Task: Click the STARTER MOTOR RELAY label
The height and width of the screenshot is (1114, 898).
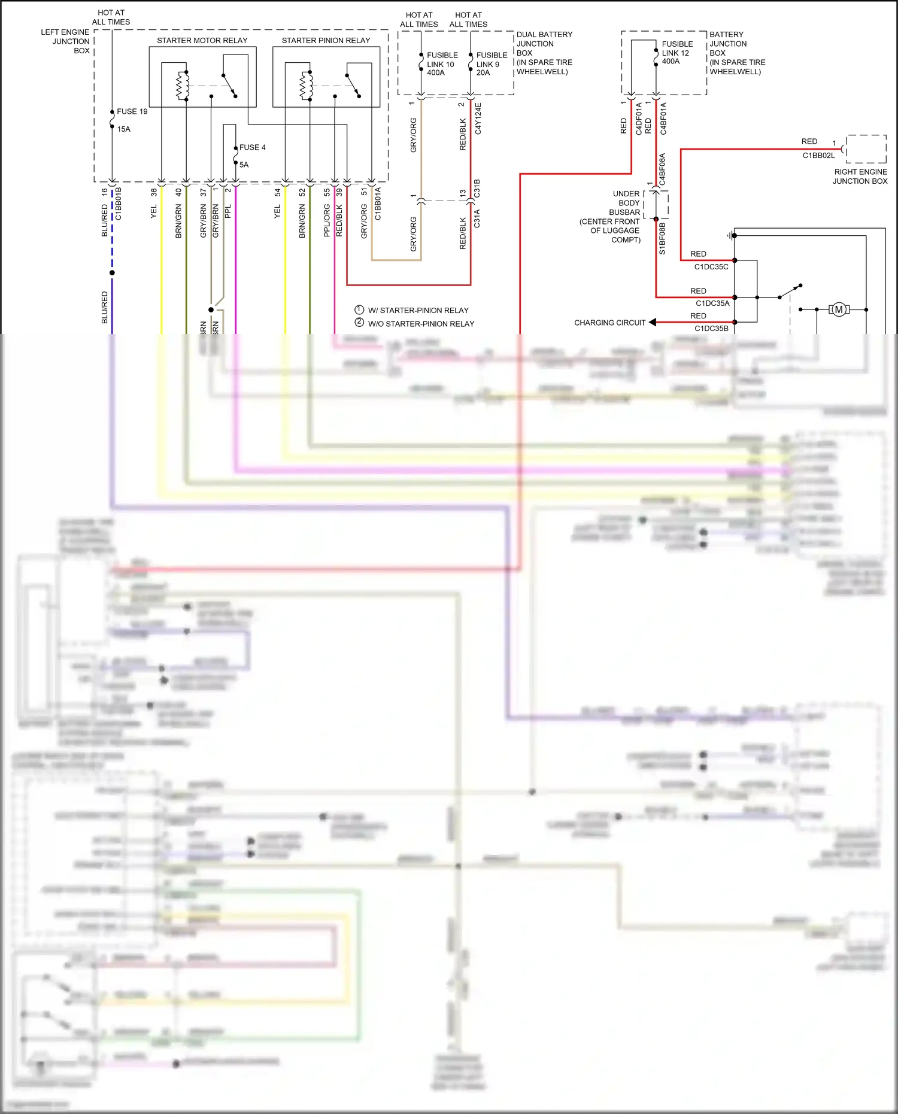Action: click(x=202, y=40)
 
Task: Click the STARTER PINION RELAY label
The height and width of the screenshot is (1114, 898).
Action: click(x=326, y=40)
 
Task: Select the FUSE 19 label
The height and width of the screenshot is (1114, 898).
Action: click(x=132, y=111)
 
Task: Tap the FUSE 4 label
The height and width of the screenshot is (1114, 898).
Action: click(x=252, y=147)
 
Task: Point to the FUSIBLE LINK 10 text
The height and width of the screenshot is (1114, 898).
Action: click(x=442, y=63)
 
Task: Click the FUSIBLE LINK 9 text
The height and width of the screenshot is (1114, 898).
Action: click(x=491, y=63)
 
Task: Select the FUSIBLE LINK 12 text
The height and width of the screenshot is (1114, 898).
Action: click(x=676, y=53)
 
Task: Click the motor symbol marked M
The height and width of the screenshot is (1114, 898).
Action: click(x=839, y=309)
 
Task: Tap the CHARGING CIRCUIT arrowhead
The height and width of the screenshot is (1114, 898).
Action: click(x=653, y=322)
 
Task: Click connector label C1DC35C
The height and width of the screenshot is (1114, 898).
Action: click(x=711, y=267)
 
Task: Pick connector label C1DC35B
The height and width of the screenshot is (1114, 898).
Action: click(x=711, y=329)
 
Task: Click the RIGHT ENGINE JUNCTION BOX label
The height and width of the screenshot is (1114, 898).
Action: click(x=860, y=177)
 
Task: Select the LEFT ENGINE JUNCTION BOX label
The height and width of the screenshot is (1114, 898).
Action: click(x=66, y=41)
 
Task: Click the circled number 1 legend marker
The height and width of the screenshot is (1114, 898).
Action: click(x=359, y=309)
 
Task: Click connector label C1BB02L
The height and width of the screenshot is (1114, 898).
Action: click(x=818, y=156)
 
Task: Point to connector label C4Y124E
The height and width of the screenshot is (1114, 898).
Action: click(x=478, y=118)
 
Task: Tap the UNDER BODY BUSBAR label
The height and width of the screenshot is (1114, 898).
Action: click(x=617, y=217)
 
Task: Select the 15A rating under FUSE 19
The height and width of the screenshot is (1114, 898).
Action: click(x=124, y=129)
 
